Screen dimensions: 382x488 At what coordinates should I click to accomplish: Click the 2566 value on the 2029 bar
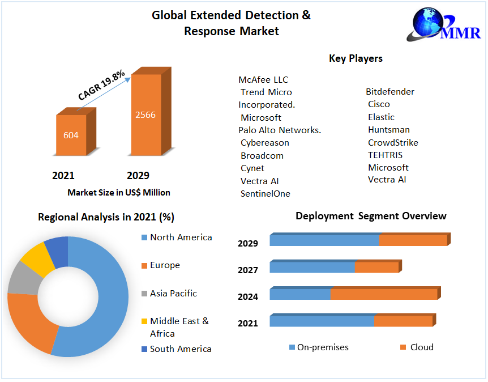[145, 114]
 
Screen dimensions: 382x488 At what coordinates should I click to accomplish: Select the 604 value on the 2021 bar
[71, 135]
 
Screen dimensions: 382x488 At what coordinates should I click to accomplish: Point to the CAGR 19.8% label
[101, 85]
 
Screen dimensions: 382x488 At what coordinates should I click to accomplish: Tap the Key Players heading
[356, 58]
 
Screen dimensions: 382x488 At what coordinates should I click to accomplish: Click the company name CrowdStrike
[393, 142]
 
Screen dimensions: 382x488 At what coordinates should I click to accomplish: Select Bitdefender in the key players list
[390, 91]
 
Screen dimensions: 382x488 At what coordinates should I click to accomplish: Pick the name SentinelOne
[266, 193]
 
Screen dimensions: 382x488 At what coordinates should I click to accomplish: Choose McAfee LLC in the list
[263, 79]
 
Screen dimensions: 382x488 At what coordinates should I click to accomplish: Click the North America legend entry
[181, 237]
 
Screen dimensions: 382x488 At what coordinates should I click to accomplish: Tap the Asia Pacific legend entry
[173, 293]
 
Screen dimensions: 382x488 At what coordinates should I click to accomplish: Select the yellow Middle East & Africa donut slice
[33, 259]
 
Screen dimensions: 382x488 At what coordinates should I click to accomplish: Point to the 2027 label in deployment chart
[248, 270]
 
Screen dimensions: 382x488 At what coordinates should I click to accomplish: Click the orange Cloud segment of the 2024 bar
[384, 294]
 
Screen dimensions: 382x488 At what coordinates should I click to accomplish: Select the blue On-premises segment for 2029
[324, 240]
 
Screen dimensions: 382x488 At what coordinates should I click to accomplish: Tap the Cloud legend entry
[421, 347]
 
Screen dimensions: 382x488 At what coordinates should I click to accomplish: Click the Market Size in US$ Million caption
[119, 193]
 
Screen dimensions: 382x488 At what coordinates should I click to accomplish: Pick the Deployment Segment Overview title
[371, 216]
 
